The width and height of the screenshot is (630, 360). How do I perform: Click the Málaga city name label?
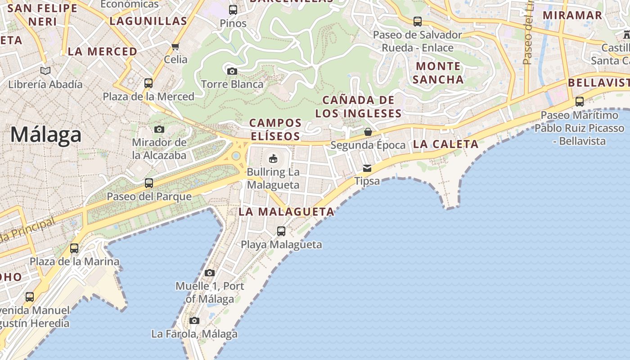click(x=46, y=135)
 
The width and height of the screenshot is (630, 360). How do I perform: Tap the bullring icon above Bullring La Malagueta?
click(x=273, y=158)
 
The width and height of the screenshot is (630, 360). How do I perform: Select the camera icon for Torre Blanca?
click(x=232, y=71)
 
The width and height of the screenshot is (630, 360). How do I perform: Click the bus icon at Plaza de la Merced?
click(x=148, y=83)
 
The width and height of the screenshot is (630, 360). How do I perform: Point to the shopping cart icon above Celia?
click(x=175, y=46)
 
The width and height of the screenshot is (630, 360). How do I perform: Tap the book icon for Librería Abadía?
click(x=45, y=71)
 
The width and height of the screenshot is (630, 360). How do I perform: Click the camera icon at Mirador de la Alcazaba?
click(x=159, y=130)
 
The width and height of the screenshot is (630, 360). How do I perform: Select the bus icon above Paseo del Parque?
click(x=149, y=183)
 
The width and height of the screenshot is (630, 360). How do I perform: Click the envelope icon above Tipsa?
click(x=367, y=168)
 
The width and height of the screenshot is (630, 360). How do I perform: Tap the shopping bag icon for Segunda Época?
click(x=368, y=132)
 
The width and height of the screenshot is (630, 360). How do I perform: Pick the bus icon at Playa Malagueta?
click(x=281, y=231)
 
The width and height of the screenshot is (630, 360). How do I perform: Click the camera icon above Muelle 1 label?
click(x=210, y=273)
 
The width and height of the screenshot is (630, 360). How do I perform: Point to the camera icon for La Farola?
click(x=194, y=321)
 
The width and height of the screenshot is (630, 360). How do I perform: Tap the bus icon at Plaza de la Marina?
click(x=74, y=248)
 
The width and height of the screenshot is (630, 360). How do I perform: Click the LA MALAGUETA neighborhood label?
click(x=287, y=211)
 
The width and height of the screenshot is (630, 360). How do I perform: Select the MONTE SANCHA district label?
click(x=438, y=73)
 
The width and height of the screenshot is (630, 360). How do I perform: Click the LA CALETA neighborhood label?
click(x=445, y=144)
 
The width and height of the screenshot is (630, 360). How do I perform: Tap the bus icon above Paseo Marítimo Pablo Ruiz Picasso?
click(x=580, y=102)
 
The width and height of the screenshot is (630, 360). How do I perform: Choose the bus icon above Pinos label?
click(x=233, y=10)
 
